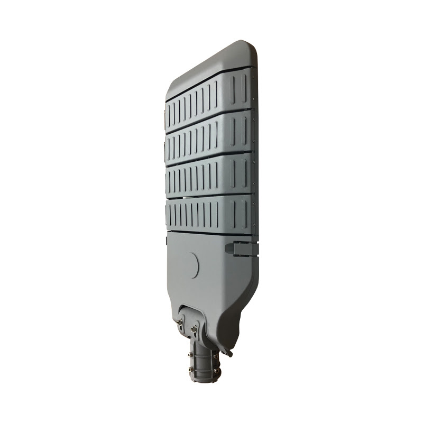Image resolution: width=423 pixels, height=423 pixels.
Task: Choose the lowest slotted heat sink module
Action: (x=209, y=214)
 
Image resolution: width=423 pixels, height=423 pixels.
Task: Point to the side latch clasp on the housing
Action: (x=241, y=248)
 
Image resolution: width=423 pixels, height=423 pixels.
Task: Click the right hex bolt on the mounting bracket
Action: (x=195, y=329)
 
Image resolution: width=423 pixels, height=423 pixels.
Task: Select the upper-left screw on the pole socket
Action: (x=192, y=353)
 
